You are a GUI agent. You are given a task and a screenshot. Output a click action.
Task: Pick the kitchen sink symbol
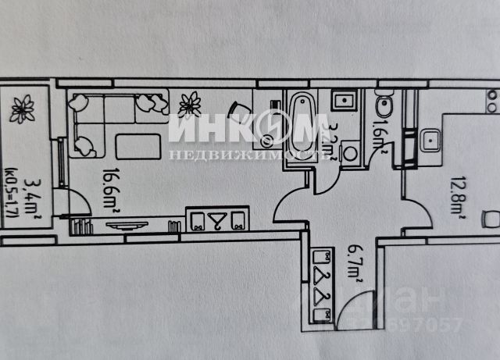[x=429, y=141]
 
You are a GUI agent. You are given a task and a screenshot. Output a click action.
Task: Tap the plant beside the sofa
[x=189, y=103]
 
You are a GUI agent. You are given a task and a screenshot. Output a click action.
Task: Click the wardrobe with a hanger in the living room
[x=216, y=219]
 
